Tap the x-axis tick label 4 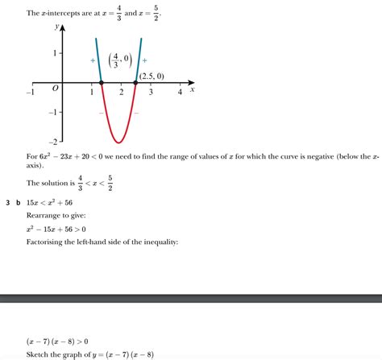click(x=180, y=93)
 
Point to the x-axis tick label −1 click(x=30, y=93)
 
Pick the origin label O click(x=55, y=91)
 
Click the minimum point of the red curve click(x=118, y=143)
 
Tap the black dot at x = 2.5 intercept click(x=136, y=83)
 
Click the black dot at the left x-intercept click(x=101, y=83)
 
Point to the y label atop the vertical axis click(x=56, y=27)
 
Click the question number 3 click(x=7, y=203)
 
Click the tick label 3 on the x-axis click(x=151, y=93)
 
